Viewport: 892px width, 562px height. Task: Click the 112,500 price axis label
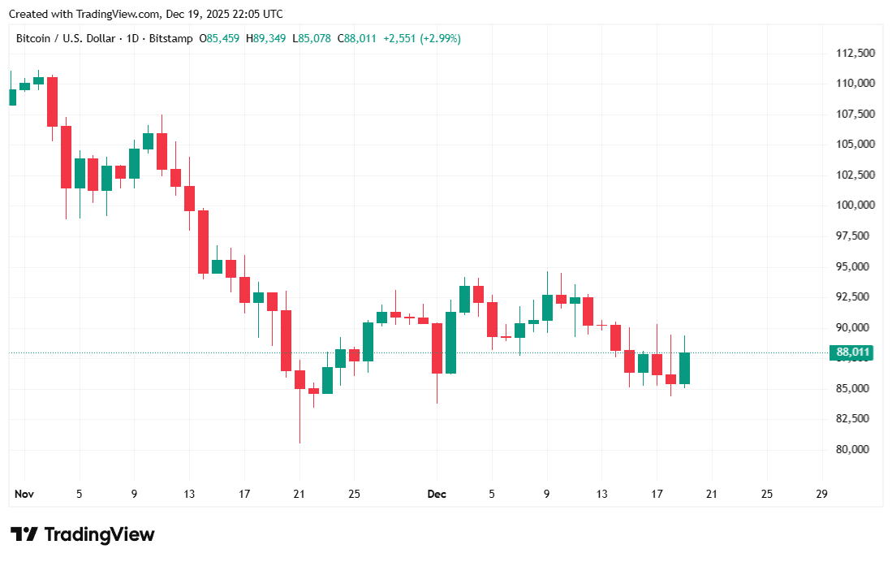pos(855,53)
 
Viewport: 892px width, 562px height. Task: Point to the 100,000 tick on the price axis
pos(855,205)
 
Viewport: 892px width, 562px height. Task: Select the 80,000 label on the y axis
pos(855,449)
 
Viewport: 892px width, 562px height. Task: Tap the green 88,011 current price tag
pos(853,352)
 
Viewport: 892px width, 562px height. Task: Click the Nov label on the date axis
pos(24,494)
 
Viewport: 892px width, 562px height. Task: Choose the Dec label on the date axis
pos(437,494)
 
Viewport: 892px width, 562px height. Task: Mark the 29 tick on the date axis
pos(821,494)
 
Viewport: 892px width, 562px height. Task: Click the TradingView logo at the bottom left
pos(82,534)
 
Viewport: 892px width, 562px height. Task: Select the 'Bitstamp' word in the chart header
pos(172,38)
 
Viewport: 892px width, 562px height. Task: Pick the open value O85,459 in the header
pos(219,38)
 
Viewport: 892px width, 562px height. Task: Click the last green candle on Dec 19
pos(684,368)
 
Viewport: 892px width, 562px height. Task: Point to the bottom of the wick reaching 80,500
pos(299,442)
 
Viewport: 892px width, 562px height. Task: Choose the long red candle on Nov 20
pos(286,340)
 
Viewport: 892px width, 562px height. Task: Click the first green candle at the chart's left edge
pos(12,97)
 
